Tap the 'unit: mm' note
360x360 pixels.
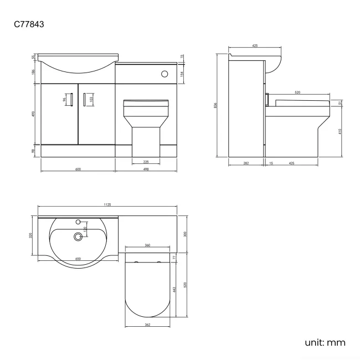tap(325, 342)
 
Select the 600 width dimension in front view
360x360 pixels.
tap(78, 169)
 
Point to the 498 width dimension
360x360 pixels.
tap(146, 169)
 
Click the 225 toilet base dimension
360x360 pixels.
tap(146, 162)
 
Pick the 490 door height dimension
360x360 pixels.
tap(34, 114)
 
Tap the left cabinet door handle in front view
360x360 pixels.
tap(70, 100)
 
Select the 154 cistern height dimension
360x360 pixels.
tap(183, 73)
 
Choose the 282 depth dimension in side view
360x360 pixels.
tap(246, 163)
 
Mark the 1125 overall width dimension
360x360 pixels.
tap(107, 205)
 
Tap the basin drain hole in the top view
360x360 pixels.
tap(78, 237)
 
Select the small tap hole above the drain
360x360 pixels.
tap(78, 222)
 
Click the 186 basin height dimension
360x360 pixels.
tap(34, 73)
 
